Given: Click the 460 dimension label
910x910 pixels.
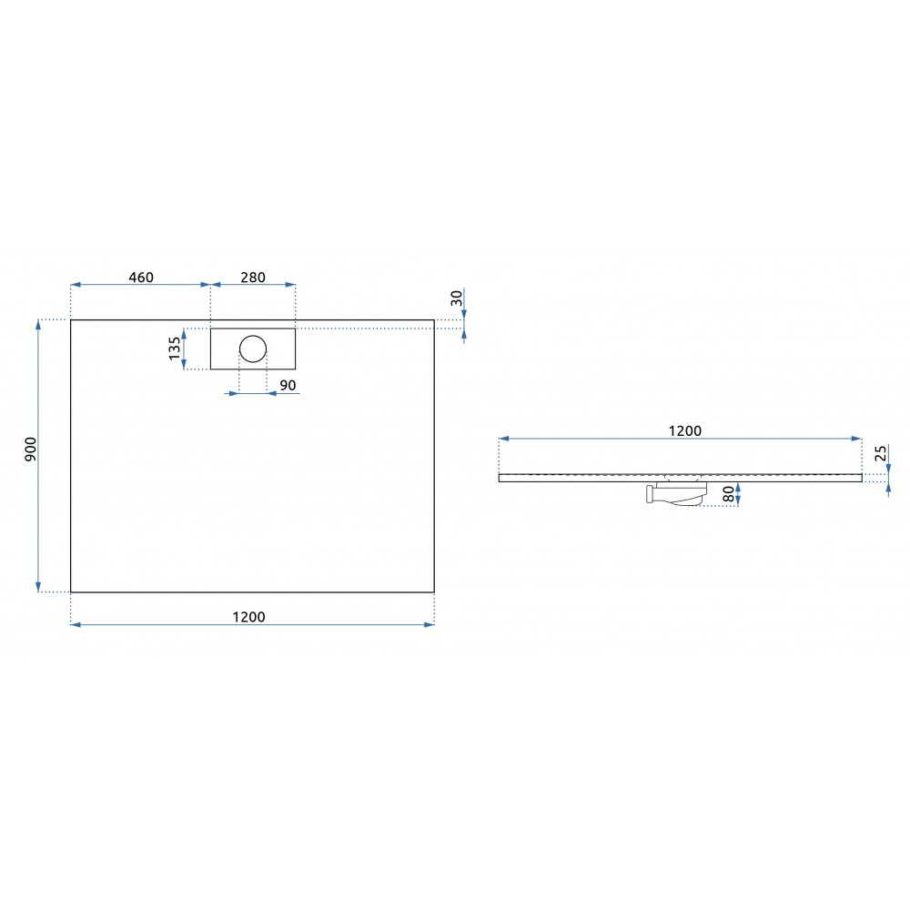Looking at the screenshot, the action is click(x=141, y=278).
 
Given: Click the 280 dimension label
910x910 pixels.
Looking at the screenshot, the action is click(x=253, y=278).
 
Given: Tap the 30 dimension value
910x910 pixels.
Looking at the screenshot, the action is click(x=457, y=298).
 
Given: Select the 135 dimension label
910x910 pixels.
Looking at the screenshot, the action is click(x=175, y=349).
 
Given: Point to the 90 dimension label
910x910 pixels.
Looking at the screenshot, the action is click(x=288, y=385).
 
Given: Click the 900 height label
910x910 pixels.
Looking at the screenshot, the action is click(x=30, y=450).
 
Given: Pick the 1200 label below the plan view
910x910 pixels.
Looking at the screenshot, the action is click(x=249, y=617).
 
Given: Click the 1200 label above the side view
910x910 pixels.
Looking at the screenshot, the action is click(x=685, y=430).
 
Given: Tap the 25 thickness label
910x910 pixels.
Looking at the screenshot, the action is click(x=880, y=453).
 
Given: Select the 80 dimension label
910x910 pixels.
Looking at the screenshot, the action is click(x=728, y=494).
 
